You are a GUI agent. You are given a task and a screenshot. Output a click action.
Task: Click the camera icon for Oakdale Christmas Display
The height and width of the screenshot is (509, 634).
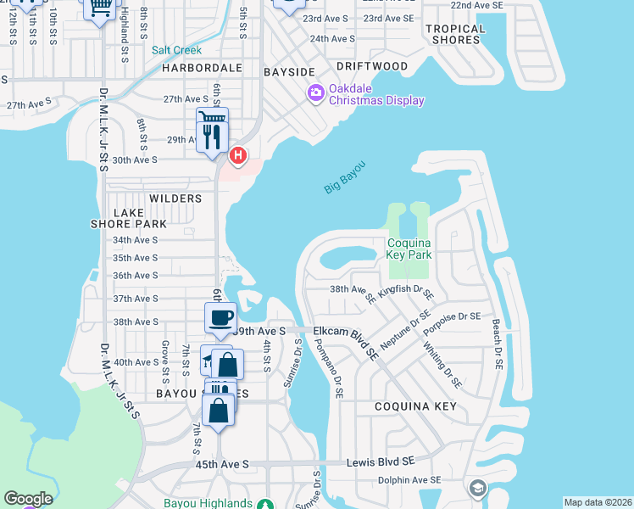point(316,92)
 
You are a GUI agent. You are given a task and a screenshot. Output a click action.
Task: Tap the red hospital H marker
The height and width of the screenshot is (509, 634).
point(239,154)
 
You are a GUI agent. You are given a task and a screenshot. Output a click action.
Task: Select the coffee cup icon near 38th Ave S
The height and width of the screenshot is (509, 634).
point(220,318)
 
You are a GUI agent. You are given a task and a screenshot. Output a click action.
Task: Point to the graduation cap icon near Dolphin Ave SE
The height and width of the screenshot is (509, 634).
point(477,488)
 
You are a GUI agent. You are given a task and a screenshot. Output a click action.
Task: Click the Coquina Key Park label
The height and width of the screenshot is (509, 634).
point(409,249)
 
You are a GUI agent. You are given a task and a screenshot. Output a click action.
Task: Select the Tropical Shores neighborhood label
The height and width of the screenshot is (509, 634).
point(455,34)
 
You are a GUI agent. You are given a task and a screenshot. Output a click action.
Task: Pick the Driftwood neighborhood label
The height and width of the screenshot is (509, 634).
point(371,65)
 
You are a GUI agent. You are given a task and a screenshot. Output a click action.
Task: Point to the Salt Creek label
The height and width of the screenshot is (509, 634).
point(177,50)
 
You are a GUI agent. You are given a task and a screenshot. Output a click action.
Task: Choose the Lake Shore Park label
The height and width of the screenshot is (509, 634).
point(129,218)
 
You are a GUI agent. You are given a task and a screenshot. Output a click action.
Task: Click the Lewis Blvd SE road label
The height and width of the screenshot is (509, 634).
point(381,462)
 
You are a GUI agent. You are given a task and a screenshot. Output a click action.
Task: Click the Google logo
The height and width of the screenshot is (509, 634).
point(28,499)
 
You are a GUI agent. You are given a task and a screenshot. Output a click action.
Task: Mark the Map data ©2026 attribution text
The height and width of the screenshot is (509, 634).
point(597,502)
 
